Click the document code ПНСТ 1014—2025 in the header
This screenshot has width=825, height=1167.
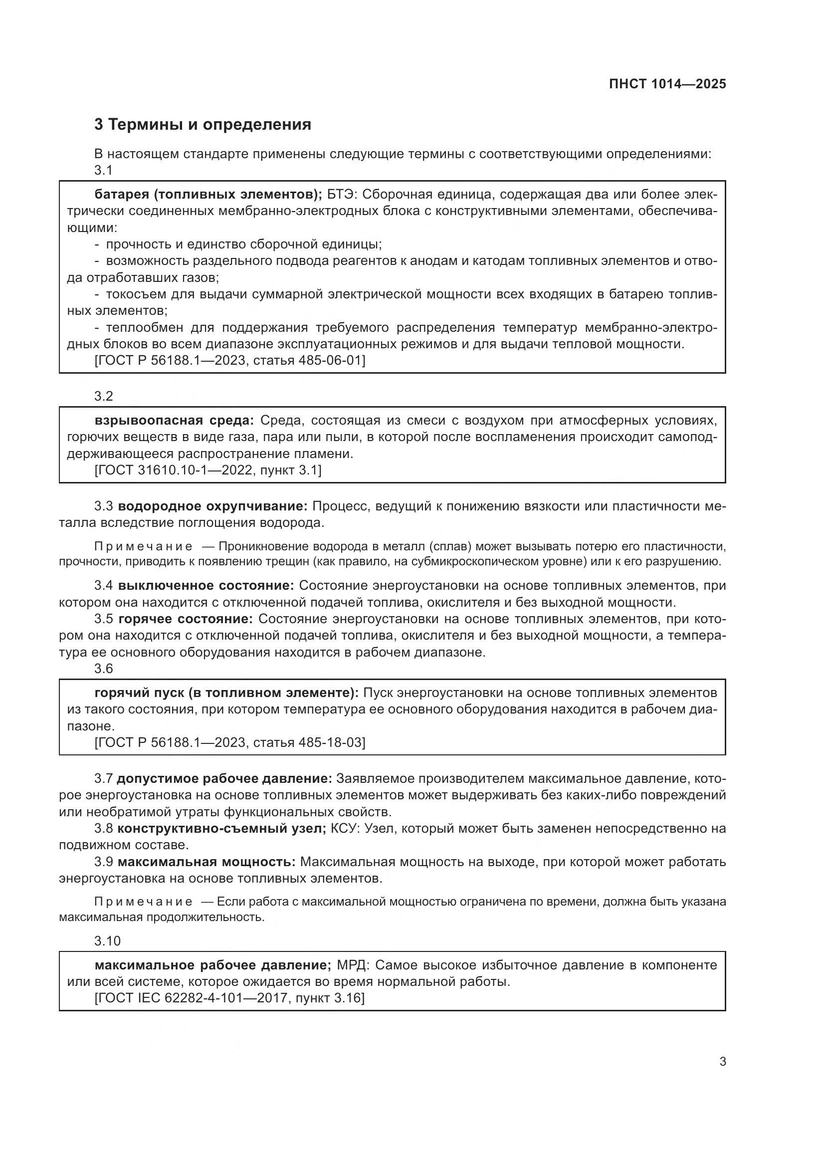pos(667,84)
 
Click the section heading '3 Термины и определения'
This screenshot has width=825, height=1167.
pos(202,125)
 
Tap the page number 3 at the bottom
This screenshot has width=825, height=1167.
pos(723,1061)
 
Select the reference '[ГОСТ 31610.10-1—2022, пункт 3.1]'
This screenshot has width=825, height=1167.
pos(208,470)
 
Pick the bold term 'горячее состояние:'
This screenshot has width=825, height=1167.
pos(186,619)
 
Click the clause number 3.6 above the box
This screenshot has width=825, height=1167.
pos(104,669)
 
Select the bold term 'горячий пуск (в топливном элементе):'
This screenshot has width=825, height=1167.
pos(226,693)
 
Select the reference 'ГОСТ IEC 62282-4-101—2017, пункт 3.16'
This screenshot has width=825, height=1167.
pos(229,998)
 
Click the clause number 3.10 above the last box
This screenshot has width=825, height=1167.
pos(107,941)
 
